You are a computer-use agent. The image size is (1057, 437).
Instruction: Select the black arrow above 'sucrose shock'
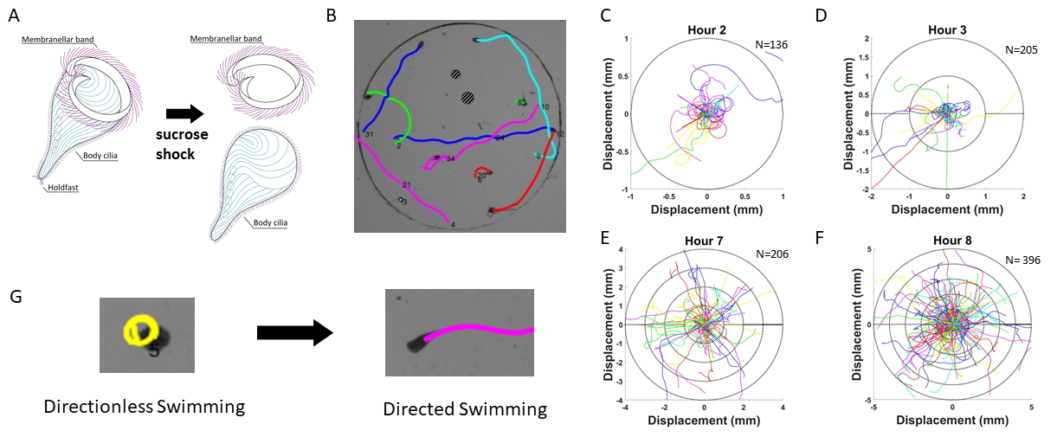pos(185,113)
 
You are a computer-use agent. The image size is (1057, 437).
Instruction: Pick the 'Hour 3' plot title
pos(947,30)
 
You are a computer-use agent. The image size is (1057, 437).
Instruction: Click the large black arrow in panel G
pos(294,333)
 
